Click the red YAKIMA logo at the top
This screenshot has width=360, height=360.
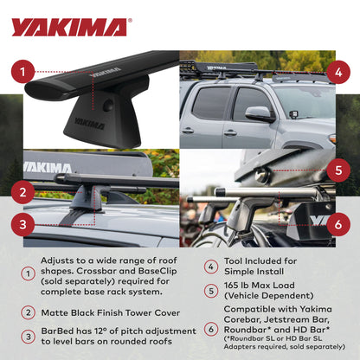69,27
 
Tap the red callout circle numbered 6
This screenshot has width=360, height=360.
337,222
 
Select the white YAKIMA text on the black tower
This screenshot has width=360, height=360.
89,123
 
